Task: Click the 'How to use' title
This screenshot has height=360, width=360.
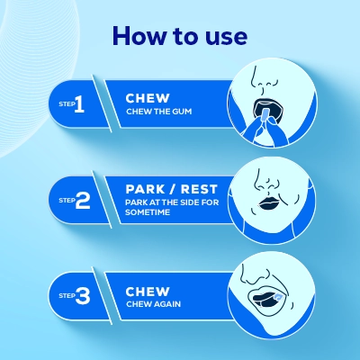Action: point(180,35)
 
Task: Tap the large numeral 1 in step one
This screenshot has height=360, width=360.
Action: point(78,105)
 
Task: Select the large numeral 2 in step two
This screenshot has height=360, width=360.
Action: point(82,201)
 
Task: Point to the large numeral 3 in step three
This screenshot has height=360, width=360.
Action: point(82,293)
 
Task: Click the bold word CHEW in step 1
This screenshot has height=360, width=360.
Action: point(147,96)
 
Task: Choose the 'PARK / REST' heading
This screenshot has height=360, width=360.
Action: point(166,191)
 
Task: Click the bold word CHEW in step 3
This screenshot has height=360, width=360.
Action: point(147,291)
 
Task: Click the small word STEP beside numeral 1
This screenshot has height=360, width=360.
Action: point(62,106)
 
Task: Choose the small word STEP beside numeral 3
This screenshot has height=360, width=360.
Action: point(63,294)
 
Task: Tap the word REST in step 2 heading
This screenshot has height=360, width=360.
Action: point(195,191)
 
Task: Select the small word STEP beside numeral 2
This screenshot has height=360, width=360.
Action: point(63,202)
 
